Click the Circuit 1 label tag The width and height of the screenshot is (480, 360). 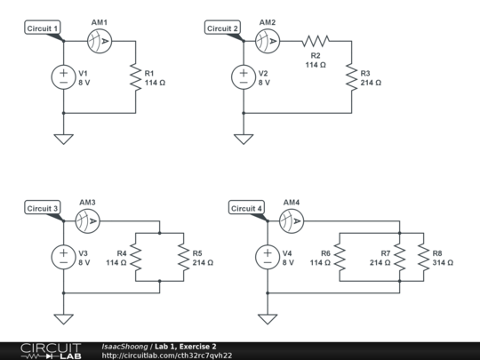click(x=44, y=28)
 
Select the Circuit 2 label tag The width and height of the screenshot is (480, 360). click(x=223, y=28)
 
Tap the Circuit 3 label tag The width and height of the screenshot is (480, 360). click(x=43, y=209)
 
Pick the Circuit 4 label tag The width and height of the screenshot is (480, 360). click(x=247, y=209)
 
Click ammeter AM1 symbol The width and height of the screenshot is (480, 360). click(x=100, y=41)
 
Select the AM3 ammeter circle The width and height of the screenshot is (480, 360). click(x=87, y=220)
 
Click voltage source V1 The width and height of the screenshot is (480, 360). click(x=64, y=77)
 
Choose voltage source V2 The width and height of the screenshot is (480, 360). click(x=243, y=77)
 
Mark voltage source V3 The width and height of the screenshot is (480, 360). click(x=64, y=257)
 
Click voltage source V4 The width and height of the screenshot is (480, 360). click(x=268, y=257)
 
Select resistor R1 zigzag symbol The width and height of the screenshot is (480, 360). click(x=135, y=77)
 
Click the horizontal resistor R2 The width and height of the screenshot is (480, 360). click(x=315, y=41)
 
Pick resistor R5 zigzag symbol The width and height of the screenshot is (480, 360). click(x=183, y=258)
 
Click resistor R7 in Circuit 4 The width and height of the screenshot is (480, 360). click(x=400, y=258)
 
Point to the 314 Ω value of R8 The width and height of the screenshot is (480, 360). click(x=442, y=263)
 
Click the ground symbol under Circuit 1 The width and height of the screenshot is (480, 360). click(x=64, y=138)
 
